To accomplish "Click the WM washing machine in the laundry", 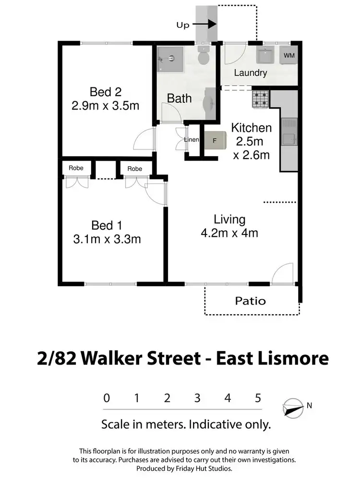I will [x=289, y=56].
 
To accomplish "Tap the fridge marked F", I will [x=215, y=141].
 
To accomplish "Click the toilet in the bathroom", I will [x=204, y=57].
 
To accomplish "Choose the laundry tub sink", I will [x=265, y=56].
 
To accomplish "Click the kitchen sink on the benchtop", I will [x=289, y=139].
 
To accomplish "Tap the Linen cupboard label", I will [x=192, y=140].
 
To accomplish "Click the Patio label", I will [x=250, y=301].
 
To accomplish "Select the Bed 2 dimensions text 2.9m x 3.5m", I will [x=105, y=105].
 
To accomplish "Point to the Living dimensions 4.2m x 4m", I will [x=229, y=233].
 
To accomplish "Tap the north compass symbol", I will [x=293, y=407].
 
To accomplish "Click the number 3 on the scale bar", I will [x=197, y=398].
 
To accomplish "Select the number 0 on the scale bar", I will [x=107, y=398].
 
